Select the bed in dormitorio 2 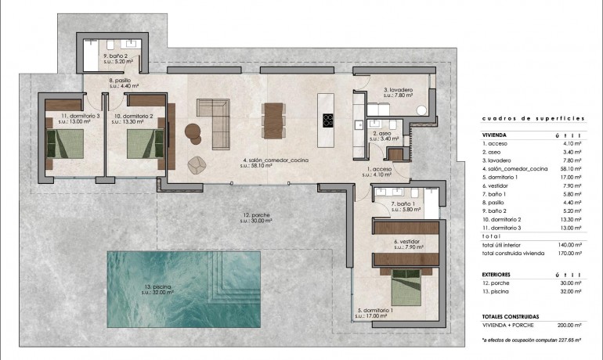144,144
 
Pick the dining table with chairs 272,121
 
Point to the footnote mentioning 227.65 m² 533,341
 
